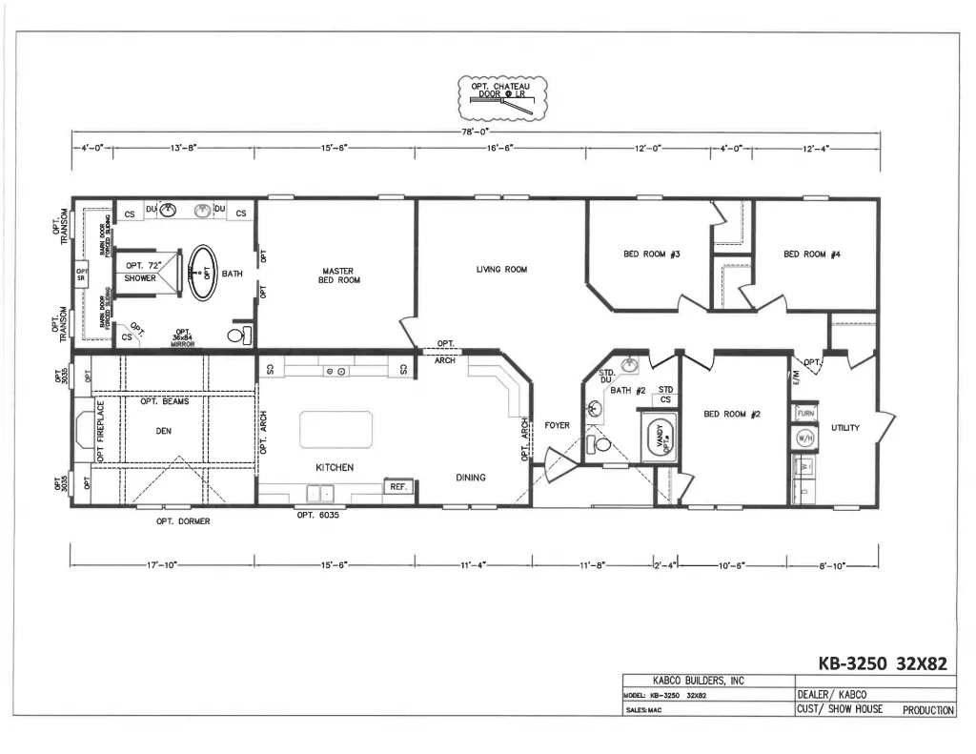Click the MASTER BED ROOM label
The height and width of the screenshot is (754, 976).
point(339,275)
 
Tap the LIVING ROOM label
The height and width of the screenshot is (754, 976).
point(501,270)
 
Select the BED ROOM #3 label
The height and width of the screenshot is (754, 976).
point(651,255)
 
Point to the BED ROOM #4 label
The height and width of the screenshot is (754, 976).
point(811,255)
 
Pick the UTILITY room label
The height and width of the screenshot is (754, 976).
point(844,428)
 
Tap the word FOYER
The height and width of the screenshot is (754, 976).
point(557,425)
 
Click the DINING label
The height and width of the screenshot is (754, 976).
point(470,478)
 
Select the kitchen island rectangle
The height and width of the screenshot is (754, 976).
point(335,429)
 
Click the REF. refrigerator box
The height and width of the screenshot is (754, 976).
point(397,486)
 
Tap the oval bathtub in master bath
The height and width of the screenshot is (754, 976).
point(201,274)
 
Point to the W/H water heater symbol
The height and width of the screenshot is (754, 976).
point(803,438)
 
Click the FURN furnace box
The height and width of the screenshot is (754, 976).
point(803,414)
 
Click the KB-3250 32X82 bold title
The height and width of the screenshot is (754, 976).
point(883,663)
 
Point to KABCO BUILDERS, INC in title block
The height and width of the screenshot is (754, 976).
point(699,681)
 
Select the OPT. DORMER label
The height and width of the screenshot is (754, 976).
point(183,521)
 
